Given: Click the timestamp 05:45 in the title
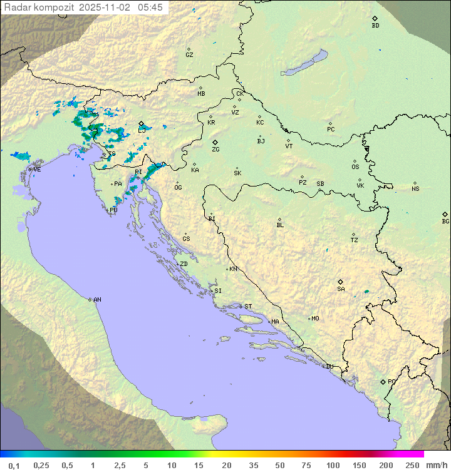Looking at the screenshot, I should tap(152, 8).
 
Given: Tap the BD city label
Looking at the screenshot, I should tap(375, 26).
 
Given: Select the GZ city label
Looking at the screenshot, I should tap(189, 55).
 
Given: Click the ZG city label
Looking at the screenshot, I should tap(215, 150).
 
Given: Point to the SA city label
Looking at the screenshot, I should tap(341, 289).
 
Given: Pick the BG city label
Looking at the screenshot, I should tap(445, 221).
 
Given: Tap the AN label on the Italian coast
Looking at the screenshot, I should tap(97, 300).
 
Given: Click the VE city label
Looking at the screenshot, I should tap(37, 169).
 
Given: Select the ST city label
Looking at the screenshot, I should tap(248, 307).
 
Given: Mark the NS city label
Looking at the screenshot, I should tap(415, 189).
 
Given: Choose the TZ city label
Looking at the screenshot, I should tap(355, 240).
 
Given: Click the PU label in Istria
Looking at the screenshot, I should tap(113, 210).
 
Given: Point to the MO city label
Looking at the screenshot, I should tap(315, 319).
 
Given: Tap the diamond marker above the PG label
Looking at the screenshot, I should tap(383, 381).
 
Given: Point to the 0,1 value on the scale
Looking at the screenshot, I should tap(14, 465).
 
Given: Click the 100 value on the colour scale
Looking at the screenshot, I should tap(333, 465).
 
